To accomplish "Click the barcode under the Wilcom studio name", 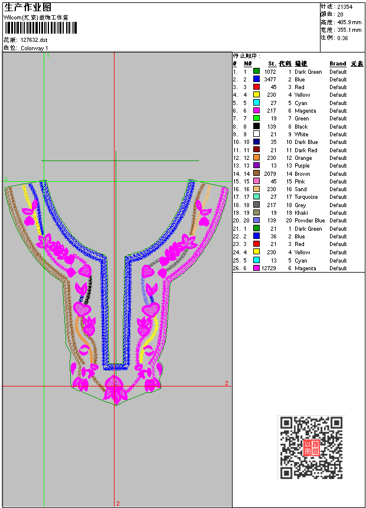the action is [x=41, y=28].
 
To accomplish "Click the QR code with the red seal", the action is [x=311, y=447].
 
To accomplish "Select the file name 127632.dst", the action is [x=34, y=40].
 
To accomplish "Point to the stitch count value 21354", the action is [x=345, y=6].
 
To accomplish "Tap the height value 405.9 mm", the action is [x=349, y=22].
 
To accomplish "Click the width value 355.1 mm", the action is [x=349, y=30].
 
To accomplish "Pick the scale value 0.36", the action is [x=342, y=38].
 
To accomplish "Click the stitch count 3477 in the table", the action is [x=270, y=80].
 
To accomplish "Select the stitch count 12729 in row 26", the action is [x=269, y=268].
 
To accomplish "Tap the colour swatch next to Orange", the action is [x=256, y=158].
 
